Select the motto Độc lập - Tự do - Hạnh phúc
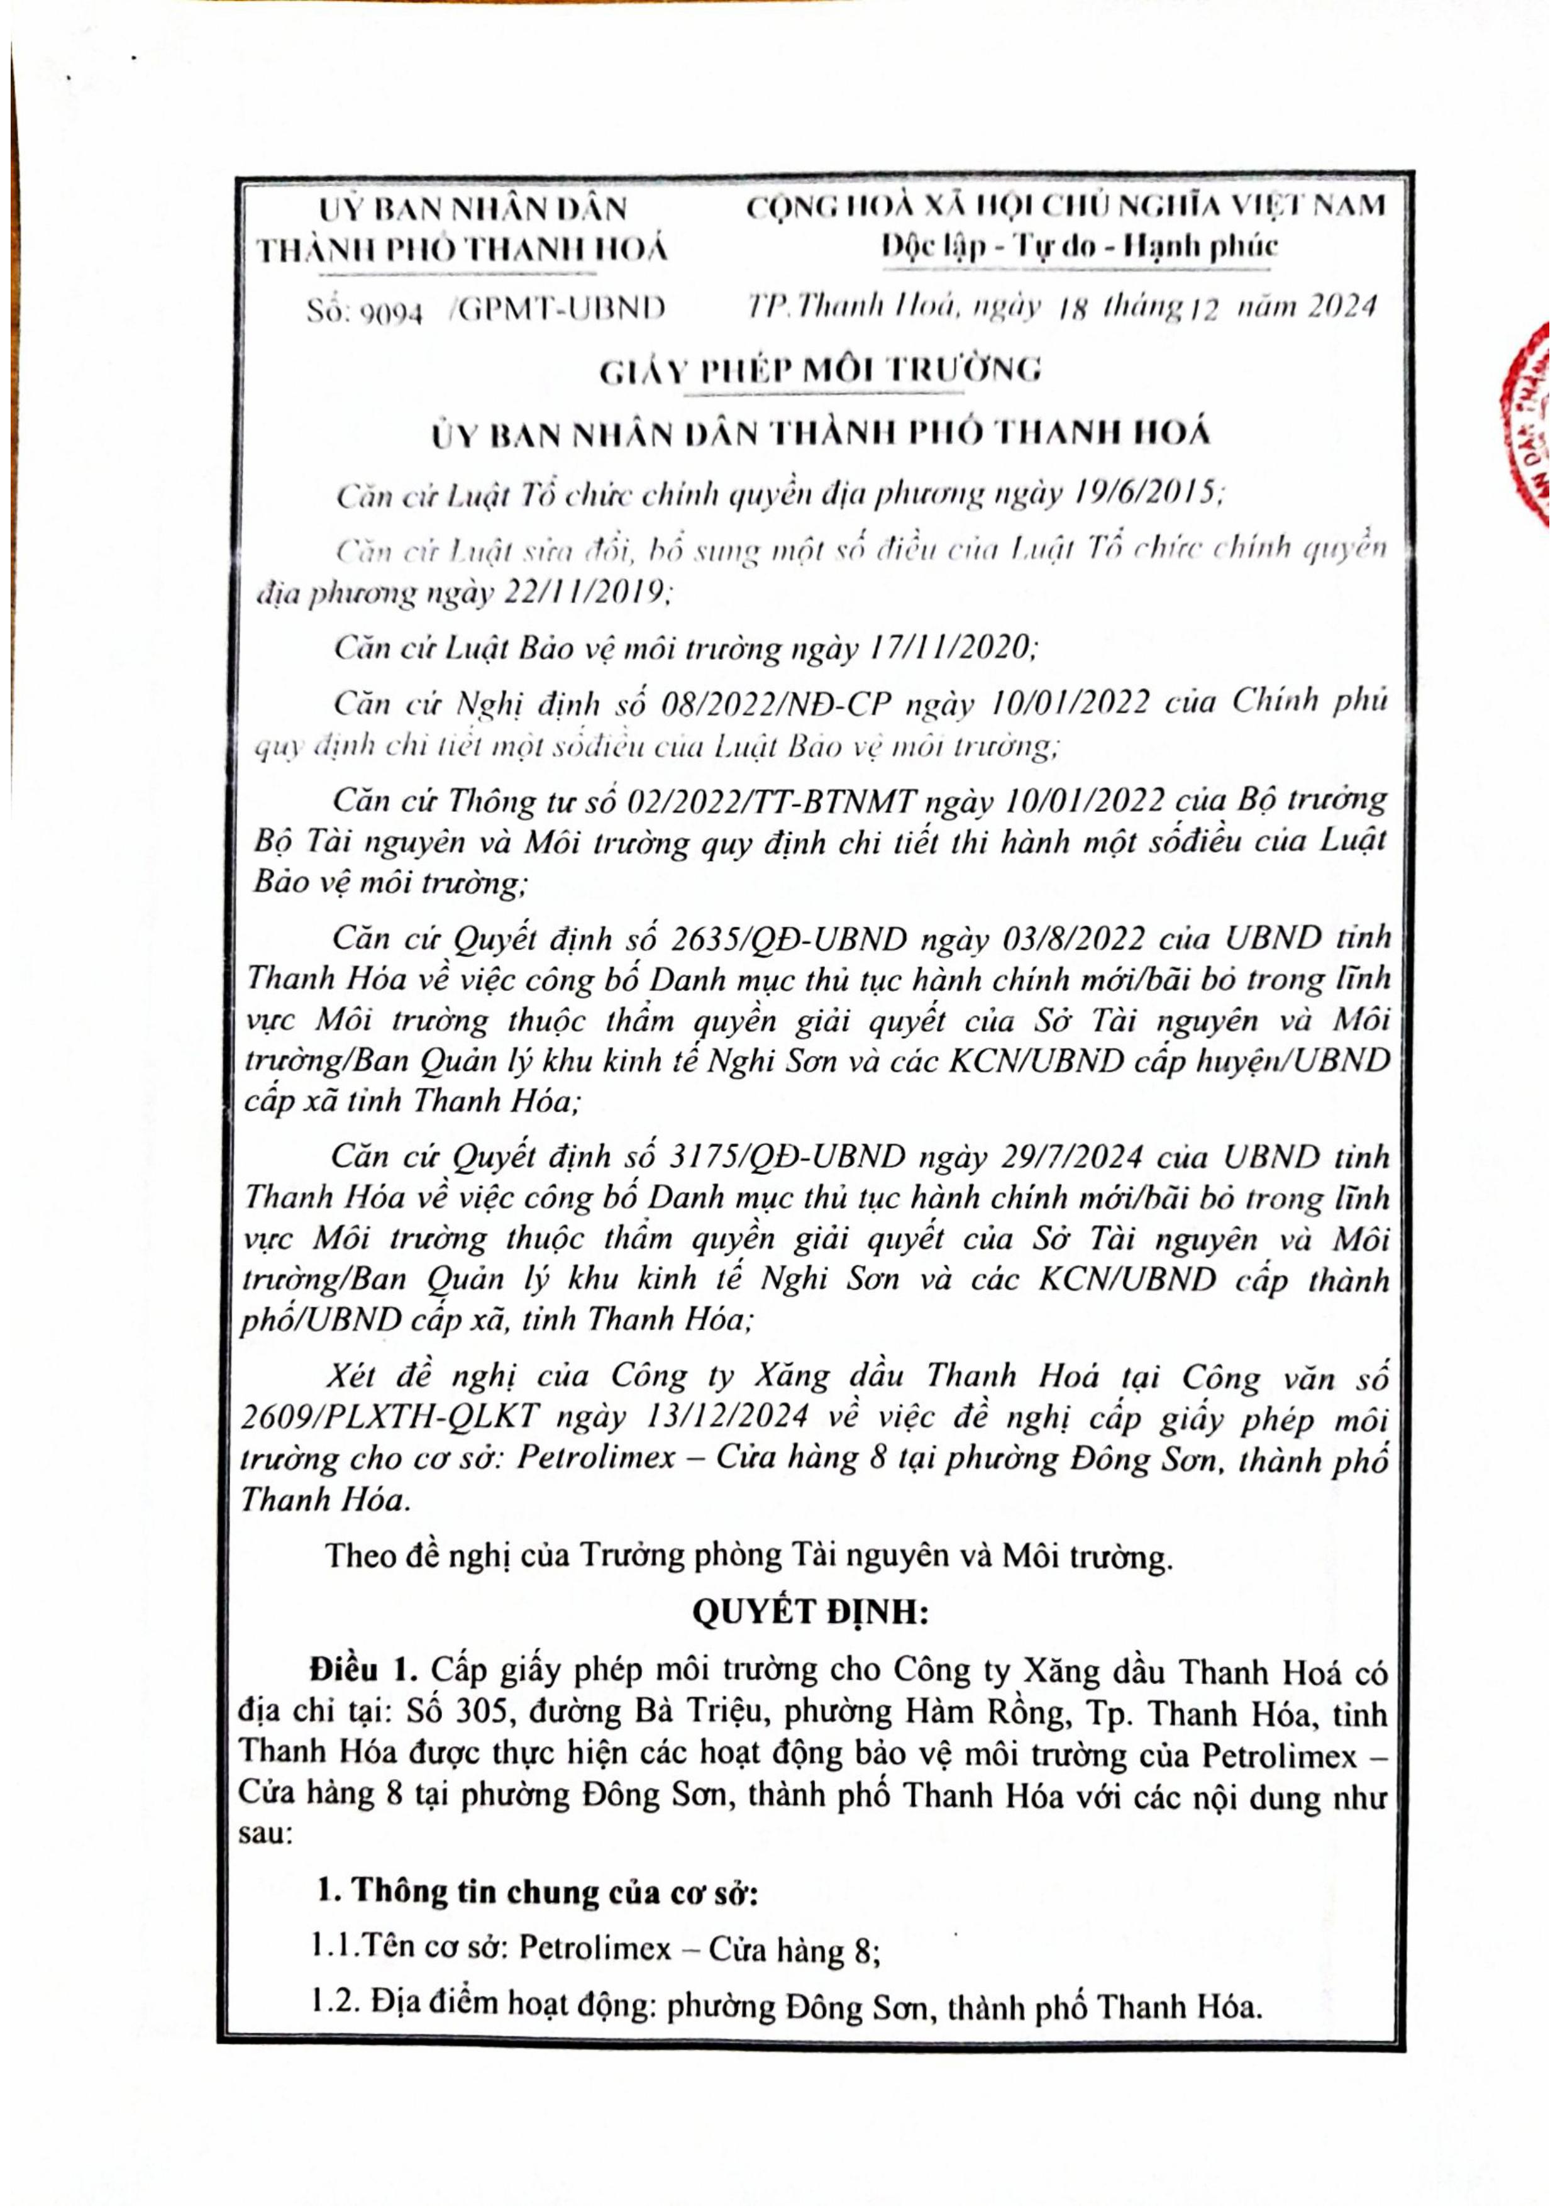click(x=1080, y=247)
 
